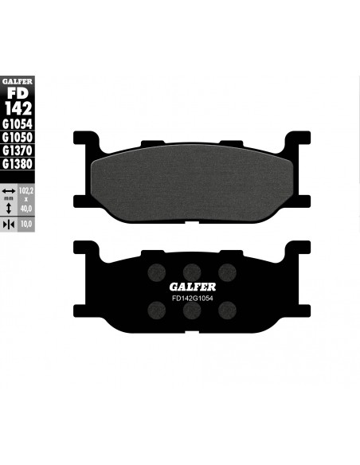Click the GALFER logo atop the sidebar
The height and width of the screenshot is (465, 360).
18,81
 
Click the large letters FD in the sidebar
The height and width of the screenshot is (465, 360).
18,93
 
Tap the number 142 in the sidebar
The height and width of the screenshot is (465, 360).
18,108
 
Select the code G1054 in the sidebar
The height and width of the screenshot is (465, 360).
18,124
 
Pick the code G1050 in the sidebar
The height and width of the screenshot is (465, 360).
18,138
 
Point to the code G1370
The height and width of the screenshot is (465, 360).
18,150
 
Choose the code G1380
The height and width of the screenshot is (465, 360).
18,164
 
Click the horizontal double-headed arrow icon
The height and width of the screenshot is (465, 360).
9,191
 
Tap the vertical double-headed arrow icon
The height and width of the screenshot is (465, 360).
9,208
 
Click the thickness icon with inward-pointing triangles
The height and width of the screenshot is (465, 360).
9,225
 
